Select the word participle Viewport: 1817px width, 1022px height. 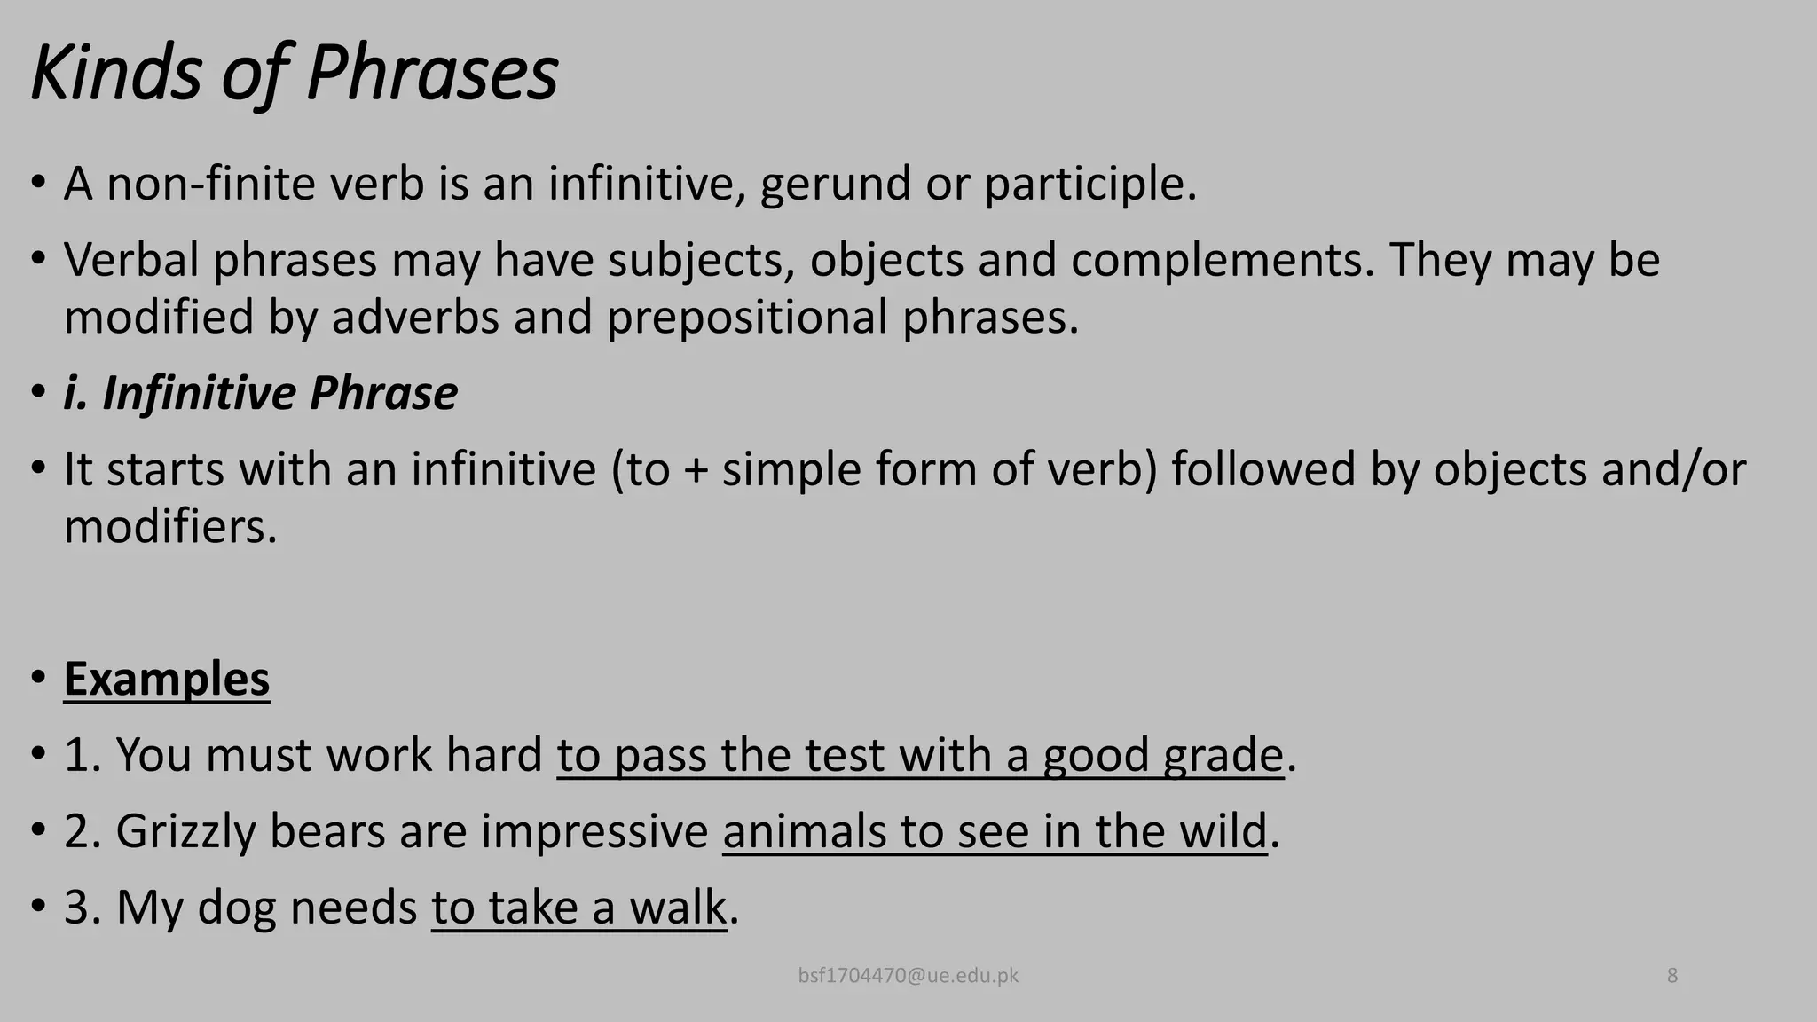pyautogui.click(x=1090, y=185)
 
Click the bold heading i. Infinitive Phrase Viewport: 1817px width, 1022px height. pyautogui.click(x=261, y=393)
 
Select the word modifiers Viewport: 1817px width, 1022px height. pyautogui.click(x=170, y=527)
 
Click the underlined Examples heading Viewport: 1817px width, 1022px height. pyautogui.click(x=167, y=680)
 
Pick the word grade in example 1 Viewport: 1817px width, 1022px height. pyautogui.click(x=1223, y=756)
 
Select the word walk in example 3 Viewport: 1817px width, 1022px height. pyautogui.click(x=678, y=908)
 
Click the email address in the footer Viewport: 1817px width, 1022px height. pyautogui.click(x=908, y=976)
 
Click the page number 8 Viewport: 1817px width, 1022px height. pyautogui.click(x=1672, y=976)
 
